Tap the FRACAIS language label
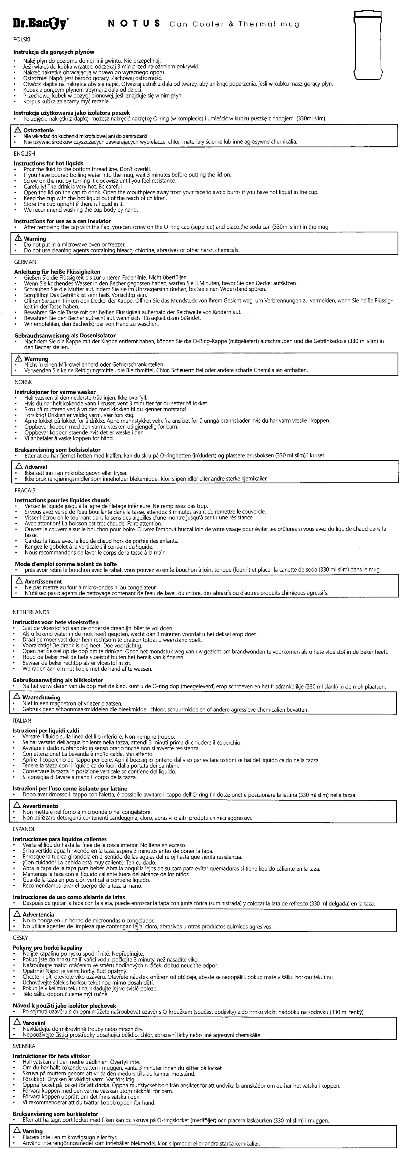25,490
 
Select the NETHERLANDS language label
31,612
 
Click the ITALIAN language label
23,721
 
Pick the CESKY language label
21,938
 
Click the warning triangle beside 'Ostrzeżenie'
19,130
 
